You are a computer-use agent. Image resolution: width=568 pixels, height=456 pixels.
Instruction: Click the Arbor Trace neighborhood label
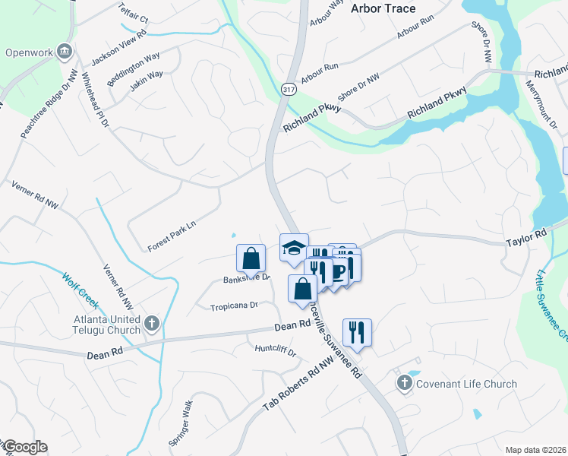pos(383,8)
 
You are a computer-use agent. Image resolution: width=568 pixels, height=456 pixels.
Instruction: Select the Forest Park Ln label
pos(172,236)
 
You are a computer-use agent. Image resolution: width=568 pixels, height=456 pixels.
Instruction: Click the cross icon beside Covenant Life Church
pos(403,384)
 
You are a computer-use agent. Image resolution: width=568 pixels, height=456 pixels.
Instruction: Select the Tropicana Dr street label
pos(235,306)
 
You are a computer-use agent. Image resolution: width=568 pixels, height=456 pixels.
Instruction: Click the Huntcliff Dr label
pos(275,352)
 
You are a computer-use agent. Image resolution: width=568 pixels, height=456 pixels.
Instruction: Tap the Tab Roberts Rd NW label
pos(298,382)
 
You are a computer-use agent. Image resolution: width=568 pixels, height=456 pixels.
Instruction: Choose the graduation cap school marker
pos(294,247)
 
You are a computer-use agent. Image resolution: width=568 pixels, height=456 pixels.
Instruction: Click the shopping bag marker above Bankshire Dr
pos(251,258)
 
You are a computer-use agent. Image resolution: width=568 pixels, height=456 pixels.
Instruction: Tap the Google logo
pos(26,447)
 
